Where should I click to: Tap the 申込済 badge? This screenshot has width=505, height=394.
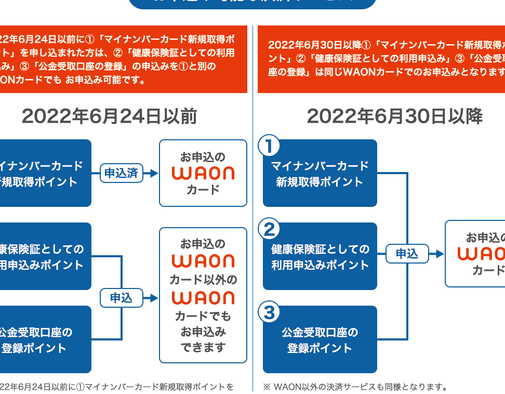pos(121,173)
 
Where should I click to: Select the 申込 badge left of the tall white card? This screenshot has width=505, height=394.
pos(121,298)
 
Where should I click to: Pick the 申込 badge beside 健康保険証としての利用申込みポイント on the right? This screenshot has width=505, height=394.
pos(407,254)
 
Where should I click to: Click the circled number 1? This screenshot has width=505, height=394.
pos(269,146)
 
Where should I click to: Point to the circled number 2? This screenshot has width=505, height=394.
pos(269,229)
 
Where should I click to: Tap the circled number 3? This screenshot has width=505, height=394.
pos(269,312)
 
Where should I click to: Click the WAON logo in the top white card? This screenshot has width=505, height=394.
pos(203,173)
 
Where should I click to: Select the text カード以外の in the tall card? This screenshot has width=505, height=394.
pos(203,280)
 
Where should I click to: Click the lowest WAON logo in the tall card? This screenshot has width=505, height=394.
pos(203,298)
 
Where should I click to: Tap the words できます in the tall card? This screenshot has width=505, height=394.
pos(203,347)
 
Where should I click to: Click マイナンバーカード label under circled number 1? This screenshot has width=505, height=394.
pos(320,166)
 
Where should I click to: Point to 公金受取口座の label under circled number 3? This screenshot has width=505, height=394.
pos(320,333)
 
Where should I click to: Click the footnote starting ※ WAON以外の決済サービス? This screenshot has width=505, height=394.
pos(354,387)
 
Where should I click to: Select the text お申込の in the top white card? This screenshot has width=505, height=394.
pos(203,156)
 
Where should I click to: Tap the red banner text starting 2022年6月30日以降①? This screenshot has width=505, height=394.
pos(384,45)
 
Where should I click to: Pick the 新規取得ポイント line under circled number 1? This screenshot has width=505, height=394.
pos(320,182)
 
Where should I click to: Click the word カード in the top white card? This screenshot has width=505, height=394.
pos(203,190)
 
